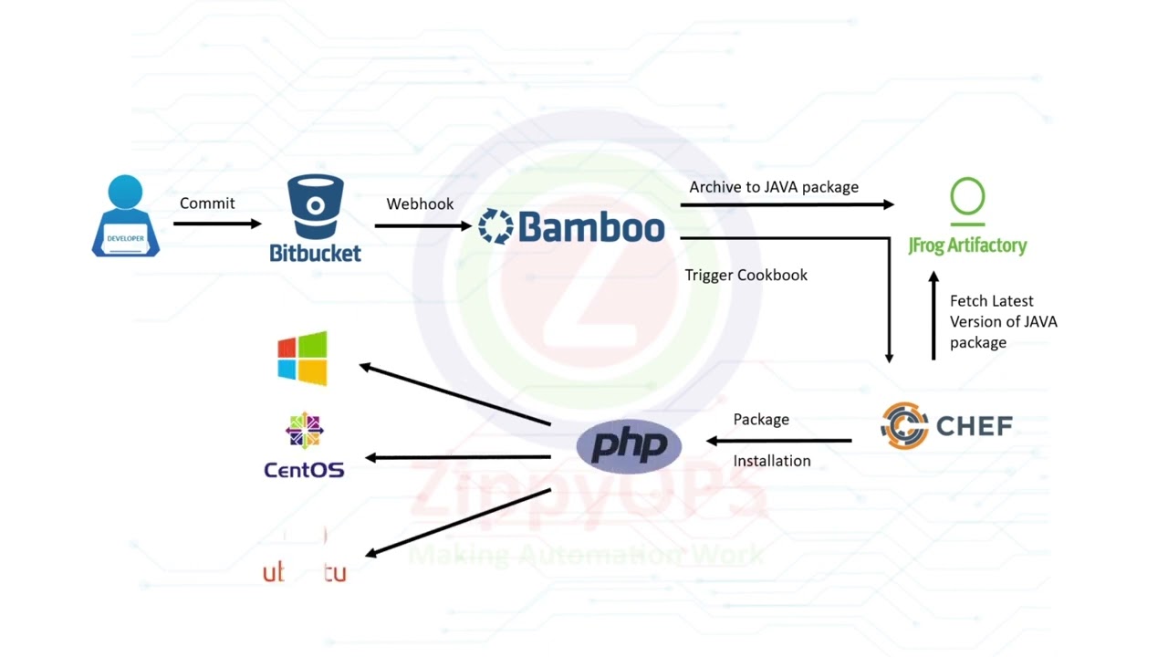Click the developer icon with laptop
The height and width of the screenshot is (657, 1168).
[126, 216]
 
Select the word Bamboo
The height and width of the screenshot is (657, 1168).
[590, 227]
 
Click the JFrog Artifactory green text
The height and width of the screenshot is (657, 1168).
[967, 245]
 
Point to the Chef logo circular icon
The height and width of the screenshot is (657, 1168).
[904, 425]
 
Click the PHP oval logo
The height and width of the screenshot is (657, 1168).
[629, 446]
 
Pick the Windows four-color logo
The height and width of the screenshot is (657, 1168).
[302, 358]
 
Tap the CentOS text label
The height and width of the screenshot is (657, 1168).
[304, 470]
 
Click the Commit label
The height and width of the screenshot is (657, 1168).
[207, 203]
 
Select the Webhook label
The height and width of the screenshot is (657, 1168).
[420, 203]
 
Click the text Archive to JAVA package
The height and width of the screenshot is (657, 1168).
[774, 187]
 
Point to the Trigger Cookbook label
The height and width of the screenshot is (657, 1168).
[746, 275]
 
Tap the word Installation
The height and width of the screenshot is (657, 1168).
[772, 461]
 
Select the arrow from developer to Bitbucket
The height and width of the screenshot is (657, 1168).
[217, 224]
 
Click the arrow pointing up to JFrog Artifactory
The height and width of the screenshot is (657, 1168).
[933, 315]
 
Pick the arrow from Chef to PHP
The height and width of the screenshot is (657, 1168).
[779, 441]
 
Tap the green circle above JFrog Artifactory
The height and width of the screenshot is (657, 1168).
[967, 197]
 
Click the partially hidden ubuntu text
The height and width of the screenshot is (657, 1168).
[305, 573]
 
